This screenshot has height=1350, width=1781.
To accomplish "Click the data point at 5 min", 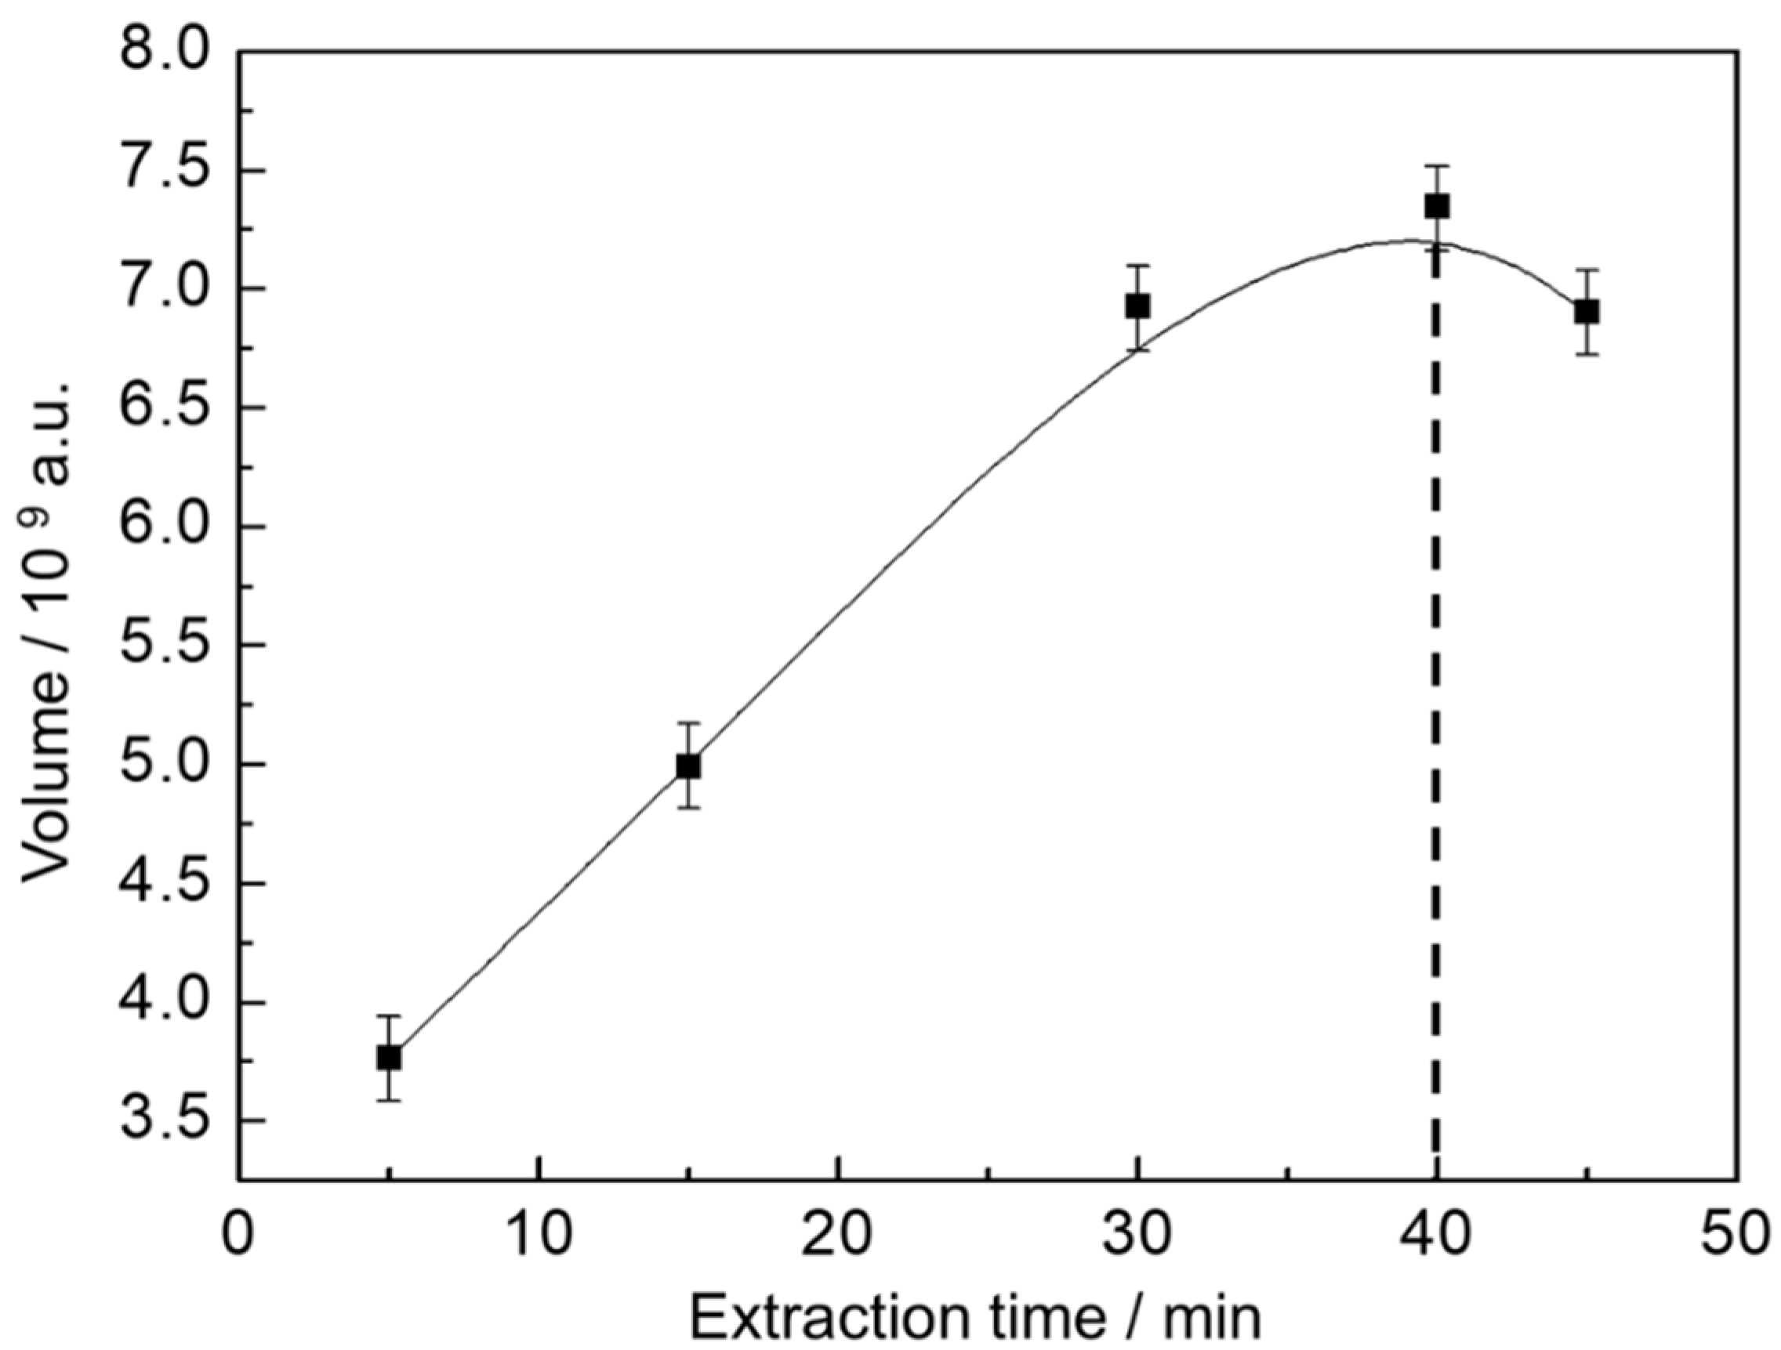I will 389,1058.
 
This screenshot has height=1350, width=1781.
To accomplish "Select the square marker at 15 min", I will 687,765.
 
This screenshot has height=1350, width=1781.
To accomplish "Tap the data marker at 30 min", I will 1137,306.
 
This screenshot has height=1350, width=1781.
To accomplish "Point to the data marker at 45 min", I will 1586,312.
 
